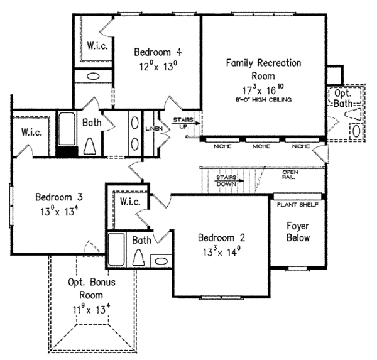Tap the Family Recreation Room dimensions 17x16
(x=264, y=89)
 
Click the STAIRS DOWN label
(x=225, y=180)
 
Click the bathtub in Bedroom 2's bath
(x=116, y=250)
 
